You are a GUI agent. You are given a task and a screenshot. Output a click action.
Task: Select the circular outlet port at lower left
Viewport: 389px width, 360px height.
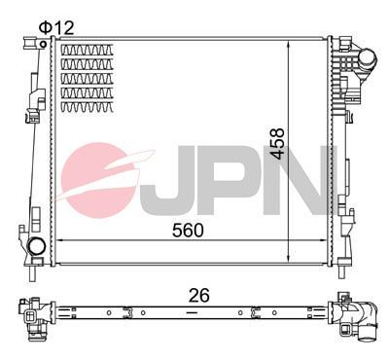[x=35, y=247]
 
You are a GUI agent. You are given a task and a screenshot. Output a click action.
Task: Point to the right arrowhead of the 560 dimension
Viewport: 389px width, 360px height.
[x=324, y=240]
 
